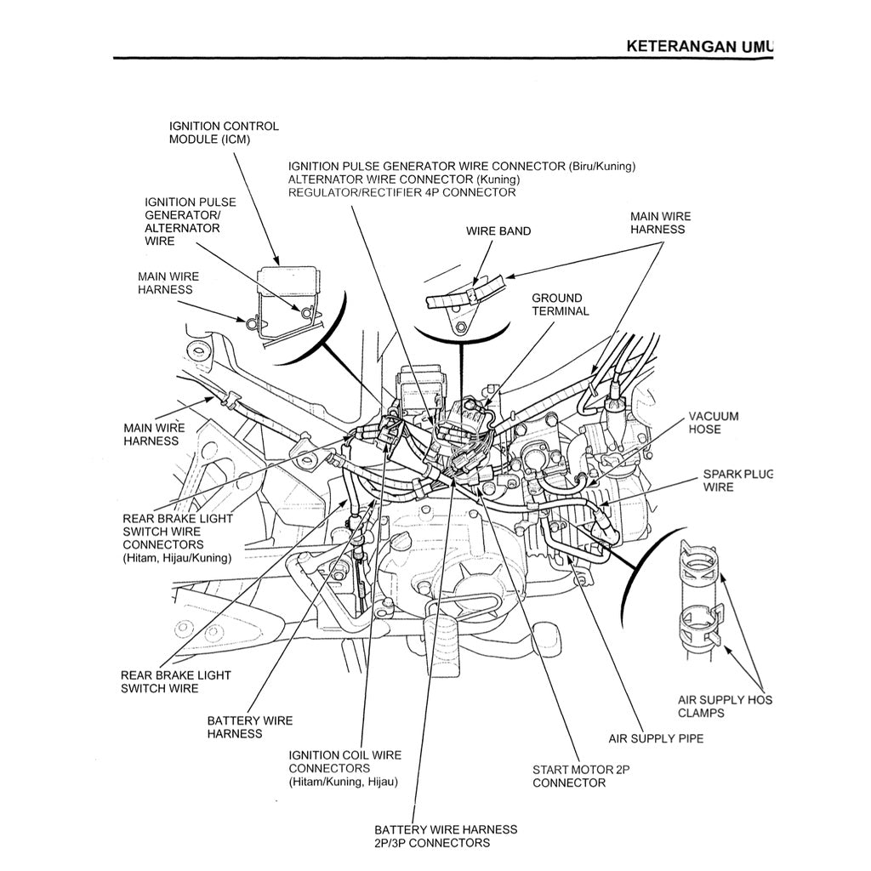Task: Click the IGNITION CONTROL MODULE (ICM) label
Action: click(223, 133)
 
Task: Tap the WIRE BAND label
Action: click(498, 231)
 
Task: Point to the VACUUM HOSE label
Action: click(713, 423)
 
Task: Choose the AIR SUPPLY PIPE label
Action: click(656, 738)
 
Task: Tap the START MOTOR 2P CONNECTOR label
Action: click(580, 776)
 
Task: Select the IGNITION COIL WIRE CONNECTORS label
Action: click(344, 768)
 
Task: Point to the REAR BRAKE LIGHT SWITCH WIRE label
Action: click(175, 681)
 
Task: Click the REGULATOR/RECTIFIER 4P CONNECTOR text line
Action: click(401, 193)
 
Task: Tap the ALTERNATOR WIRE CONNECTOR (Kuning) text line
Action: click(403, 179)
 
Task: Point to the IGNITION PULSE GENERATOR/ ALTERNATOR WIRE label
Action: click(190, 221)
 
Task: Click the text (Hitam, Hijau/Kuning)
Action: click(177, 558)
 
